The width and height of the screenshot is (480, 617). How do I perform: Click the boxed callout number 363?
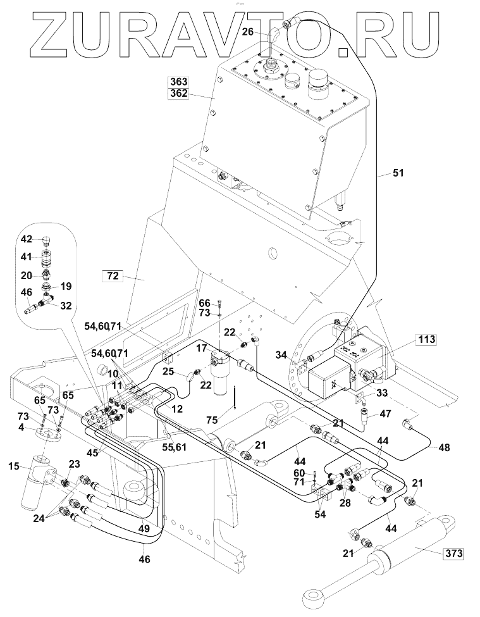[x=178, y=82]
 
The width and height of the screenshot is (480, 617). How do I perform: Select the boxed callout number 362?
[x=178, y=94]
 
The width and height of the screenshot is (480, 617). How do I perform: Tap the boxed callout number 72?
[x=112, y=275]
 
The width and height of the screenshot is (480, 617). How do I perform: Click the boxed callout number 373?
[x=453, y=554]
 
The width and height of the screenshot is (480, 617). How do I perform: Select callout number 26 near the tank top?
[x=248, y=31]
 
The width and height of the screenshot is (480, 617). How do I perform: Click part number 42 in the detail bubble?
[x=27, y=239]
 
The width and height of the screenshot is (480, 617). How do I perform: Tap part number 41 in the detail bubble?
[x=27, y=257]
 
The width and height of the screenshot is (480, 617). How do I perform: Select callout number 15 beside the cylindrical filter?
[x=14, y=468]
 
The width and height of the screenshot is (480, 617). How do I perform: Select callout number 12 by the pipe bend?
[x=177, y=409]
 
